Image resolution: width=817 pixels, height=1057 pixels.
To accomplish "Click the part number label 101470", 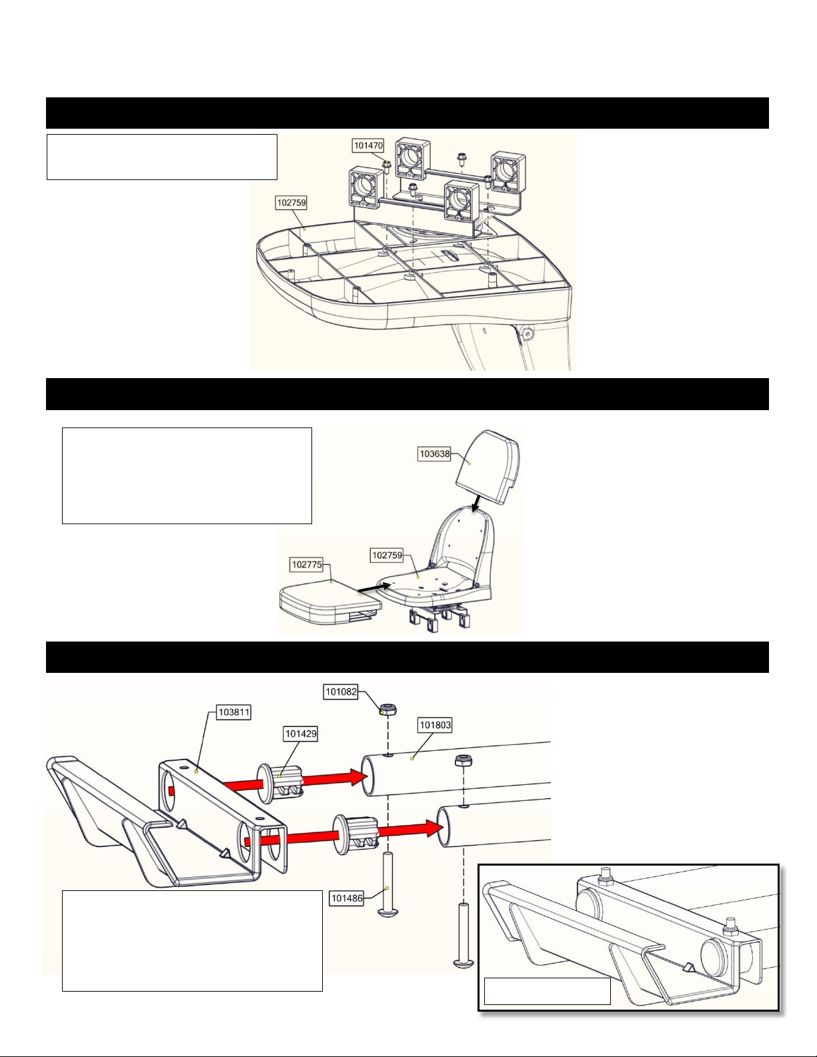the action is tap(368, 145).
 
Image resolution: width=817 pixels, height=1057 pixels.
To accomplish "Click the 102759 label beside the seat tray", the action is tap(291, 203).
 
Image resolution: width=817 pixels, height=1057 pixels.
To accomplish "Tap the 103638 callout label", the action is tap(435, 454).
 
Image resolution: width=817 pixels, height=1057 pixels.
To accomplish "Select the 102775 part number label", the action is tap(307, 564).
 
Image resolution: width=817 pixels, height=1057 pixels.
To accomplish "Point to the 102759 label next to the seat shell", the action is tap(387, 555).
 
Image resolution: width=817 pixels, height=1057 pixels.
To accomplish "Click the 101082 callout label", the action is tap(341, 692).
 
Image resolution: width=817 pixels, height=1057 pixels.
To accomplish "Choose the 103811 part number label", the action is tap(234, 713).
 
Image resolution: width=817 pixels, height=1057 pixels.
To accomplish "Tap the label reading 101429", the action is tap(301, 734).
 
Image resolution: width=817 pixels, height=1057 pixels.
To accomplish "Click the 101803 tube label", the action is tap(436, 725).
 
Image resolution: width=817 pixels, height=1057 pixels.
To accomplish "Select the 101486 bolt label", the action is tap(347, 898).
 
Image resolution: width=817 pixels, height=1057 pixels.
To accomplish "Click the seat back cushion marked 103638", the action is tap(488, 465).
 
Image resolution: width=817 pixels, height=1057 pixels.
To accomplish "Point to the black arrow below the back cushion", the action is tap(477, 503).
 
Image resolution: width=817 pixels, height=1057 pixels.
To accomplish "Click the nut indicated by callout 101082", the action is tap(388, 710).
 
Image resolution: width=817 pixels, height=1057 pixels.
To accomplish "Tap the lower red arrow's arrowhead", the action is tap(432, 828).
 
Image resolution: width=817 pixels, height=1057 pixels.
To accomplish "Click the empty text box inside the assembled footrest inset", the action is tap(547, 991).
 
